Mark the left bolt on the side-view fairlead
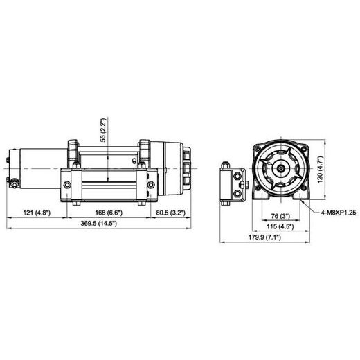tap(67, 185)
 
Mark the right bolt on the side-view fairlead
tap(147, 185)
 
